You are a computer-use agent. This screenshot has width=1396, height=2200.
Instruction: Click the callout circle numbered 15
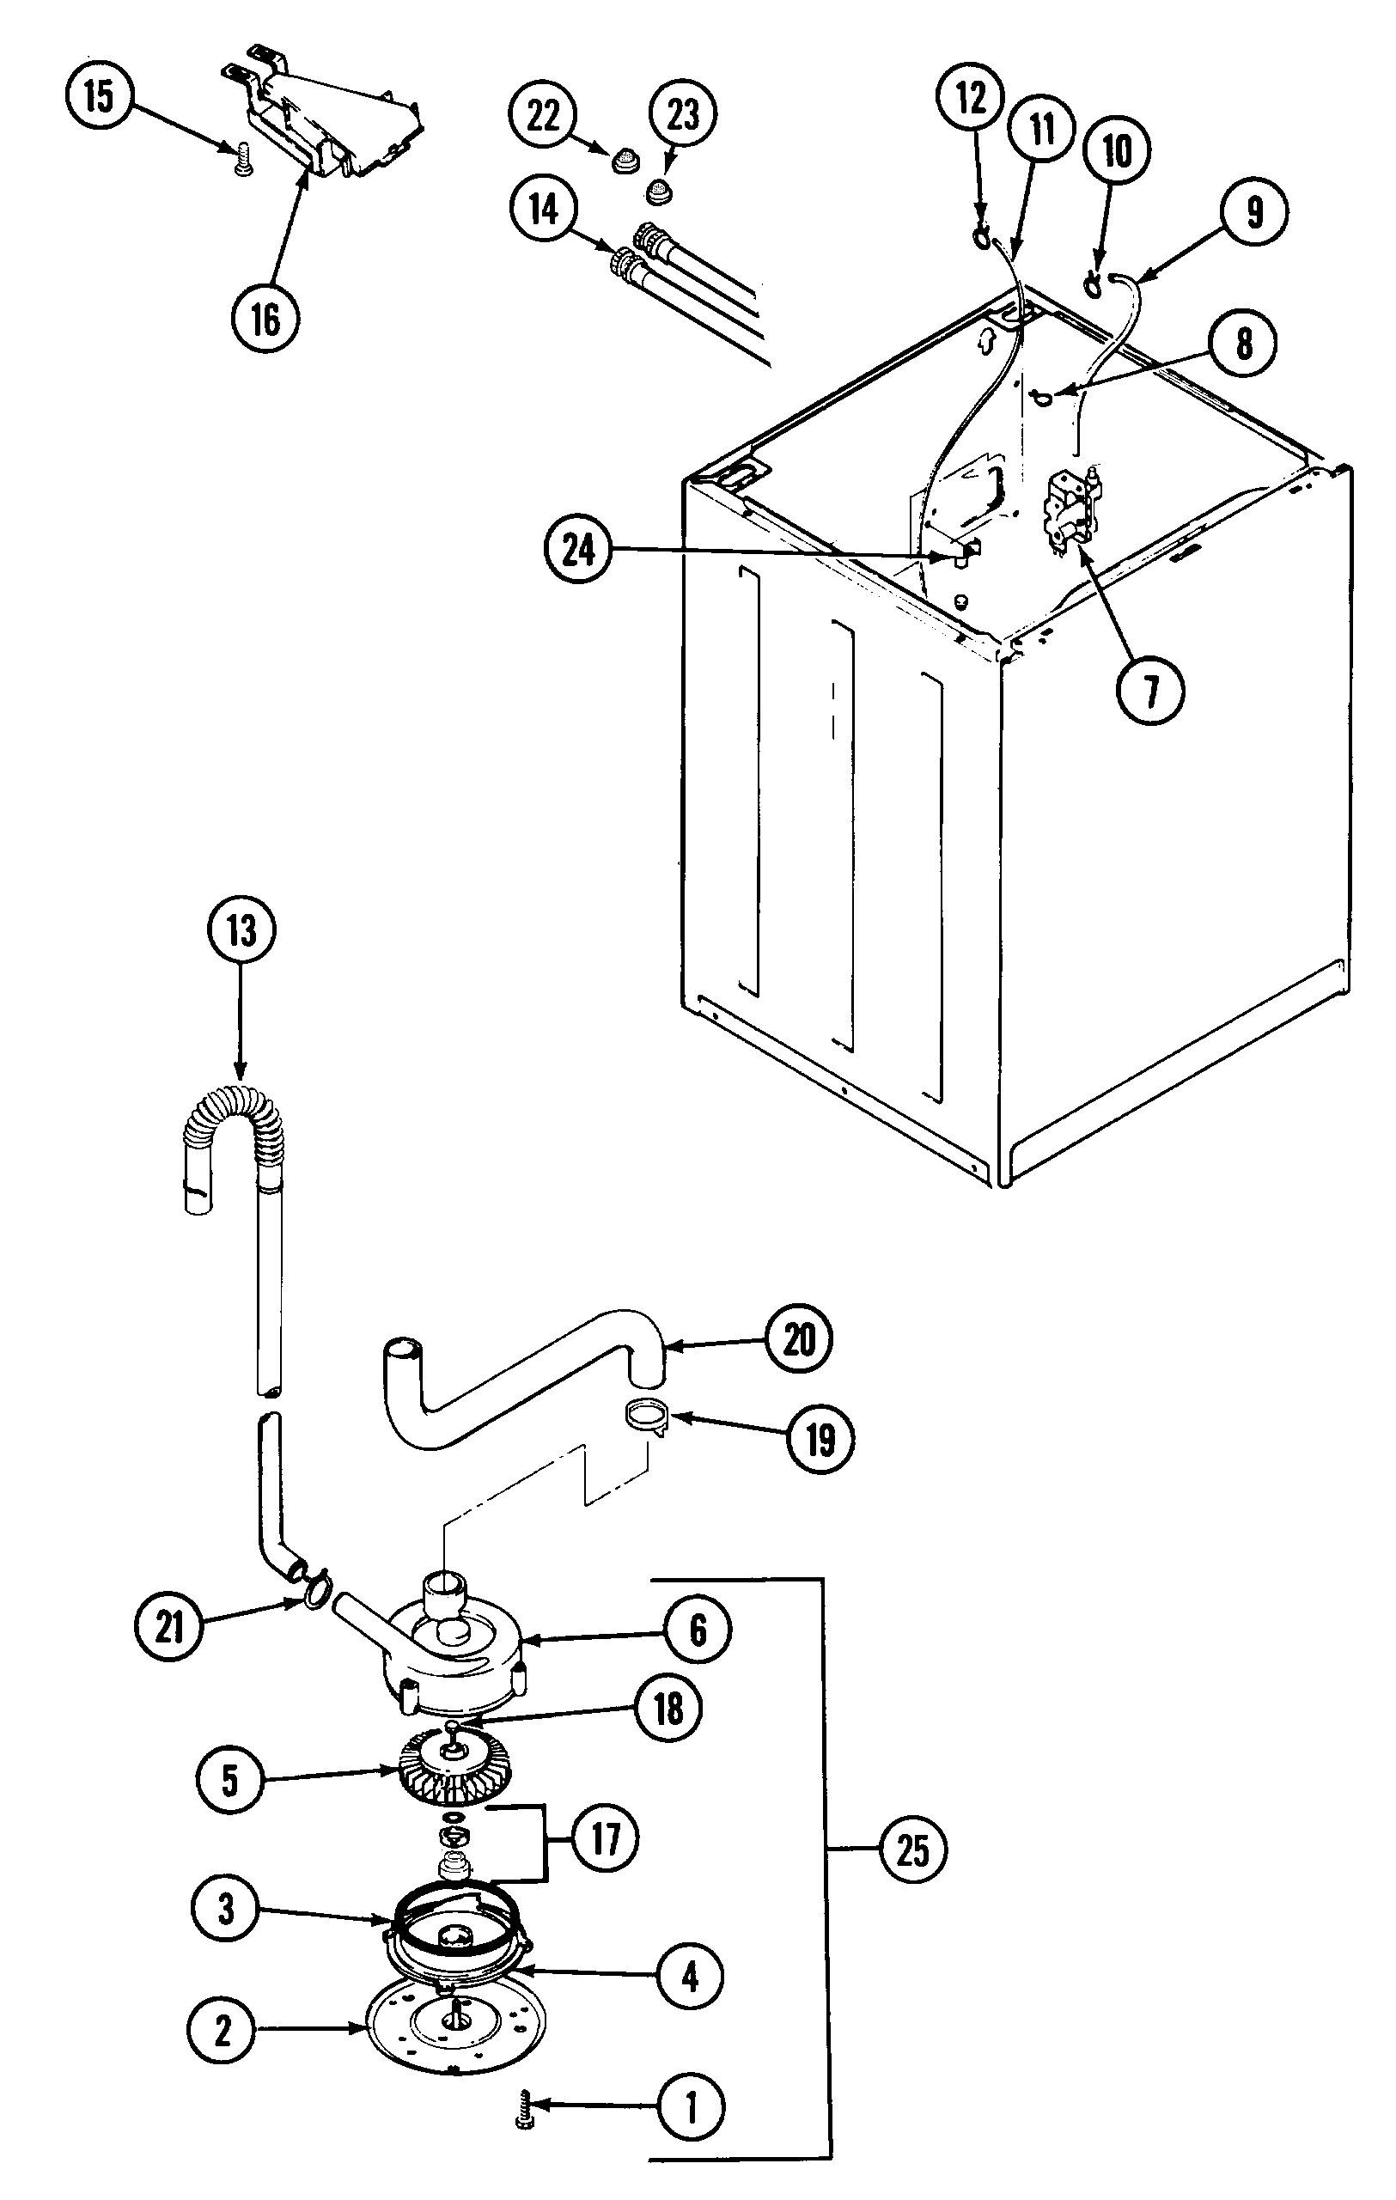(x=100, y=96)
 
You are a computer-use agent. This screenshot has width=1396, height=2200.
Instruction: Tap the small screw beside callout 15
(x=243, y=161)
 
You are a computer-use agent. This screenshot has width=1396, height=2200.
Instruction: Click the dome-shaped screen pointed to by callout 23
(x=658, y=192)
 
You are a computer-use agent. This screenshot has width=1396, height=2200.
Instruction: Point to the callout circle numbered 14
(x=544, y=210)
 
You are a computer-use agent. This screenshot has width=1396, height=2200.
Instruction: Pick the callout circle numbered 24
(x=578, y=550)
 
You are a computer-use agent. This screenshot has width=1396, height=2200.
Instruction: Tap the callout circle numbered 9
(x=1253, y=212)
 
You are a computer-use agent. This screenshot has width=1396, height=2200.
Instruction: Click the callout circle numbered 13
(x=241, y=932)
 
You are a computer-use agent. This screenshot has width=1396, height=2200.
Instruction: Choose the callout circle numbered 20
(x=797, y=1340)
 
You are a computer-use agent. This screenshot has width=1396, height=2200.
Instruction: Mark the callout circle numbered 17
(x=605, y=1839)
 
